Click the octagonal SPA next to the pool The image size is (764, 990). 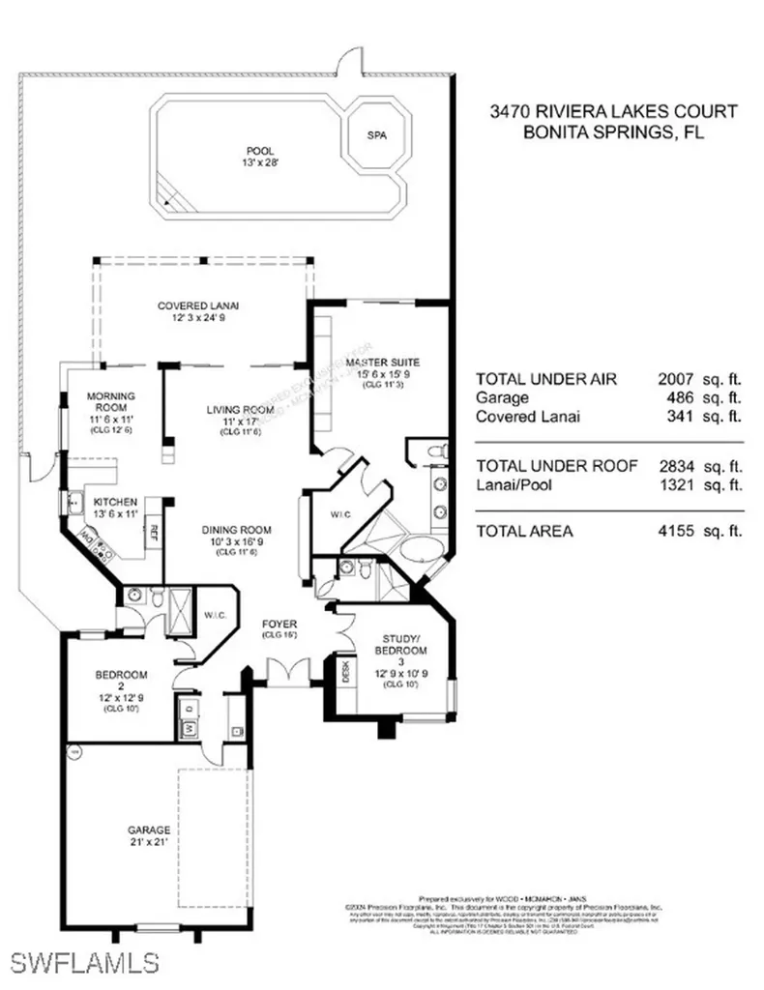[x=377, y=136]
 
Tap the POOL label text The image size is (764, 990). [x=259, y=151]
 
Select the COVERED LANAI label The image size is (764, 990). [x=197, y=306]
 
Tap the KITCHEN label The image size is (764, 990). [x=115, y=503]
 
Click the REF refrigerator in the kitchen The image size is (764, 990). [x=153, y=533]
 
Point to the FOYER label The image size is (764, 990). [x=280, y=624]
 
